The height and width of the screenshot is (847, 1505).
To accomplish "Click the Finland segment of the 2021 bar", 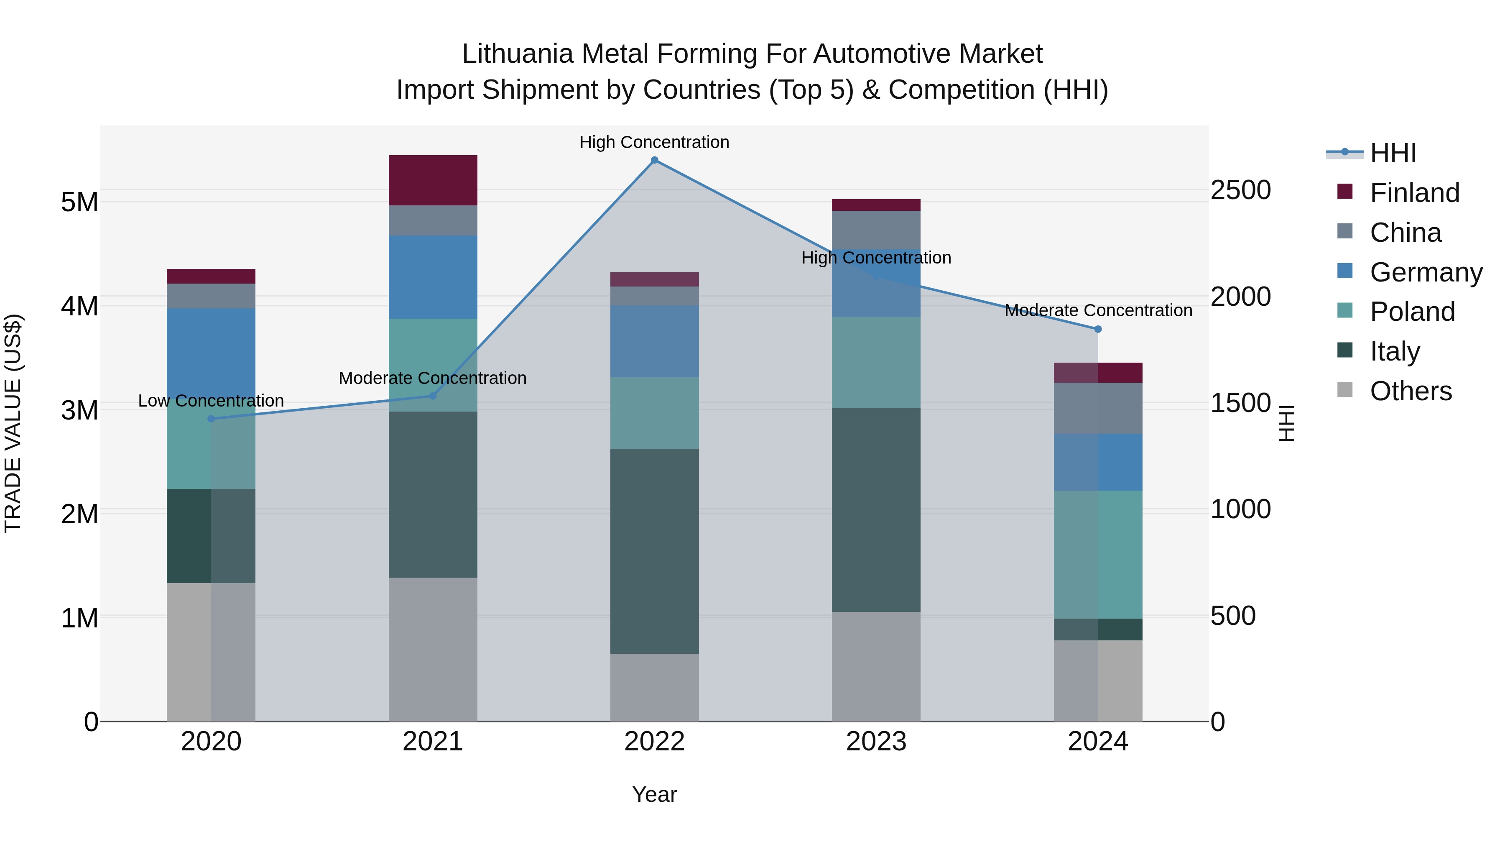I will pyautogui.click(x=433, y=180).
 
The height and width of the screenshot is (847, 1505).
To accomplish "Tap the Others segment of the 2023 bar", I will pyautogui.click(x=876, y=666).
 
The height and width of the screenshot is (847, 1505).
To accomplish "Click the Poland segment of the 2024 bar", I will pyautogui.click(x=1098, y=554).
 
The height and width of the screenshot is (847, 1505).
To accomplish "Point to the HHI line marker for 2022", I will pyautogui.click(x=654, y=160).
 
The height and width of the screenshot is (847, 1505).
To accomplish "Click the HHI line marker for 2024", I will pyautogui.click(x=1098, y=329).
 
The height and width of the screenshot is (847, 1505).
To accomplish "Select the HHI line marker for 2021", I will pyautogui.click(x=433, y=396).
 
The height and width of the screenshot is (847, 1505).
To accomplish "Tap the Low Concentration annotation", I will pyautogui.click(x=211, y=401).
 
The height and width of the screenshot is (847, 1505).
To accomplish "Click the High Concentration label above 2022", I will pyautogui.click(x=654, y=143).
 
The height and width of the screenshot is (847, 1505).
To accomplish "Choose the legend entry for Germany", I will pyautogui.click(x=1426, y=272).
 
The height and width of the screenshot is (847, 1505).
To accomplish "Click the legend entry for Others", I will pyautogui.click(x=1411, y=391).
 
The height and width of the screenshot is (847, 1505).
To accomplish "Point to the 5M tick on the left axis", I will pyautogui.click(x=79, y=202).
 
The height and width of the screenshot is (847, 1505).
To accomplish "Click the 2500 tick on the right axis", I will pyautogui.click(x=1240, y=190).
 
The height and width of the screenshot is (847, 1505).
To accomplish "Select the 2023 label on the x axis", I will pyautogui.click(x=876, y=742).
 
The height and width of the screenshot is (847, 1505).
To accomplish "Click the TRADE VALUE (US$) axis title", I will pyautogui.click(x=13, y=423).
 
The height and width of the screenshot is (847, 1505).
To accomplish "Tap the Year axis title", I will pyautogui.click(x=654, y=794).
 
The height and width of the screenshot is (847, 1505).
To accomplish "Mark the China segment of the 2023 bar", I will pyautogui.click(x=876, y=230).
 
